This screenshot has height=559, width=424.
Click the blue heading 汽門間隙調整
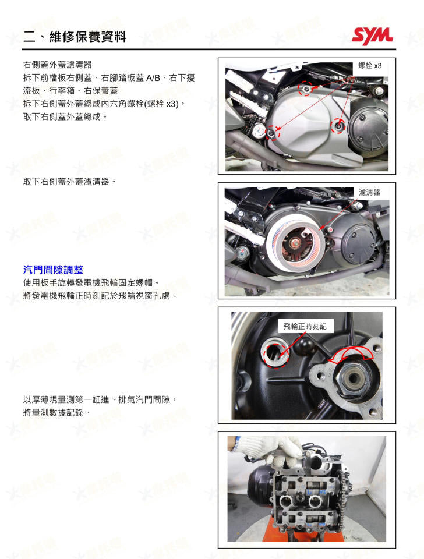[53, 270]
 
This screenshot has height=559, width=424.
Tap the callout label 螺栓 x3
[370, 66]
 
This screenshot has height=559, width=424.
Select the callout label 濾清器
[369, 192]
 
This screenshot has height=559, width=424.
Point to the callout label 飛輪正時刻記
[305, 327]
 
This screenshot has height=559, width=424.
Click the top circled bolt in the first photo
[305, 89]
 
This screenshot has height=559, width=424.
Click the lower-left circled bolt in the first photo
[272, 133]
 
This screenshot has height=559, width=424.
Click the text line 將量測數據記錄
[56, 412]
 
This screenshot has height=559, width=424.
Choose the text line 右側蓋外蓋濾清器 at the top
[57, 64]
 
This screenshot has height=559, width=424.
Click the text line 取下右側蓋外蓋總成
[65, 116]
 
